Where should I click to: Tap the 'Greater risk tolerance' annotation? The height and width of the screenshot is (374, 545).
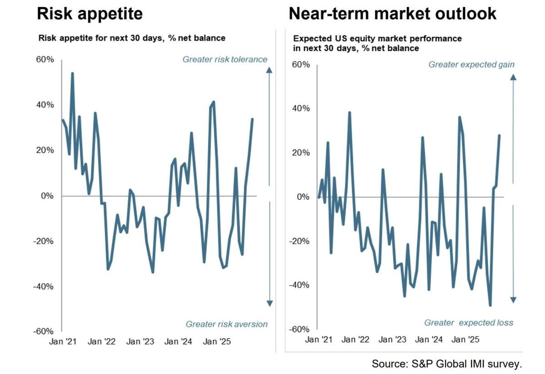point(225,59)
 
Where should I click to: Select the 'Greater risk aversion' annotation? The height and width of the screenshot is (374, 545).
point(227,324)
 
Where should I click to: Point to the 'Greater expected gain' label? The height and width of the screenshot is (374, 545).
point(471,64)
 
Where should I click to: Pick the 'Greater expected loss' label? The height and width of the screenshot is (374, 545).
point(469,323)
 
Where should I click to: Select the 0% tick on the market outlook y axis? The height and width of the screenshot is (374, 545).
point(304,197)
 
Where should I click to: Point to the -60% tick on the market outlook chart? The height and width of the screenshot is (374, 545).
point(300,330)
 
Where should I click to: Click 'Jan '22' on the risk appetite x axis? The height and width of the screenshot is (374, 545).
point(101,342)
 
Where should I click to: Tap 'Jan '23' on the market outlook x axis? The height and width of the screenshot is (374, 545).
point(392,339)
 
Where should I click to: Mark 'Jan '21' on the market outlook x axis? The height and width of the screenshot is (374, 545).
point(319,339)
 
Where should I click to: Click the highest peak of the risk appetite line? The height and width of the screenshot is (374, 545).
point(72,73)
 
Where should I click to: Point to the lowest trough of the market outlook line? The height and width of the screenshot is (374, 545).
point(490,305)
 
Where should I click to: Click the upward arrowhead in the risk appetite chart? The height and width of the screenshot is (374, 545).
point(269,69)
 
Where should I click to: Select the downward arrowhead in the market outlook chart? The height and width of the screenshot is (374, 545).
point(513,300)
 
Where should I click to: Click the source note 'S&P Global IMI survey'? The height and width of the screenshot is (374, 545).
point(446,364)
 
